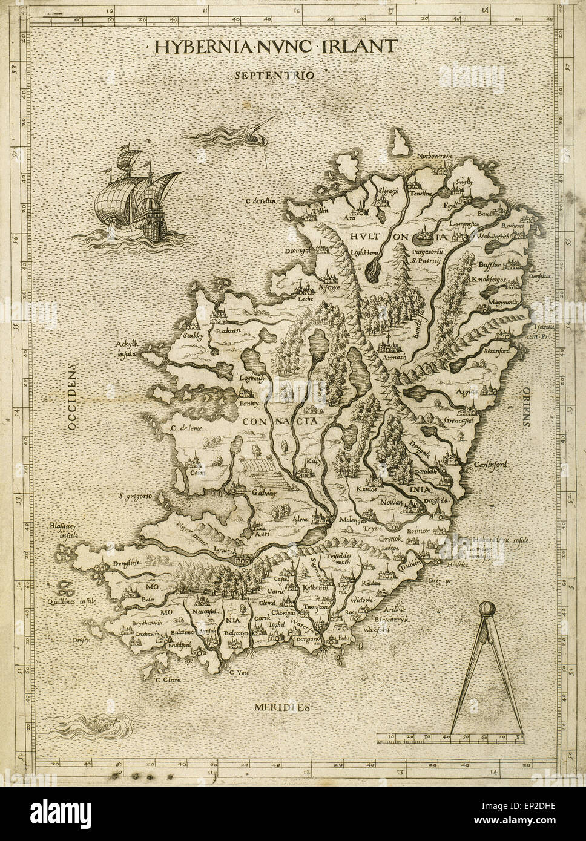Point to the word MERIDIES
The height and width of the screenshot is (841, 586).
click(x=282, y=707)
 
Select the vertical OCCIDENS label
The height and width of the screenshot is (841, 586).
click(x=73, y=396)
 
